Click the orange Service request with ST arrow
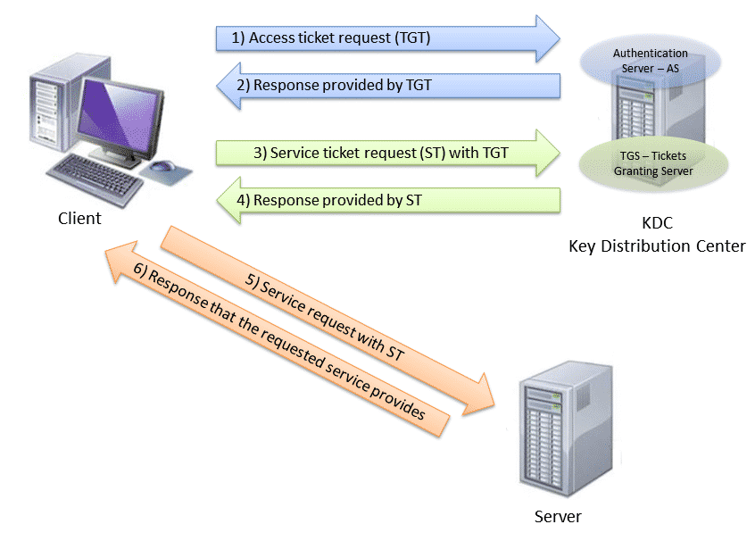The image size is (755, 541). coord(330,315)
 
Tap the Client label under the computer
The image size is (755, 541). coord(79,219)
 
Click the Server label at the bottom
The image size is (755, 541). coord(558,516)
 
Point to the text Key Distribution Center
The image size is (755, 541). coord(657,246)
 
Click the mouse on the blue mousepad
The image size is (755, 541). coord(162,166)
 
